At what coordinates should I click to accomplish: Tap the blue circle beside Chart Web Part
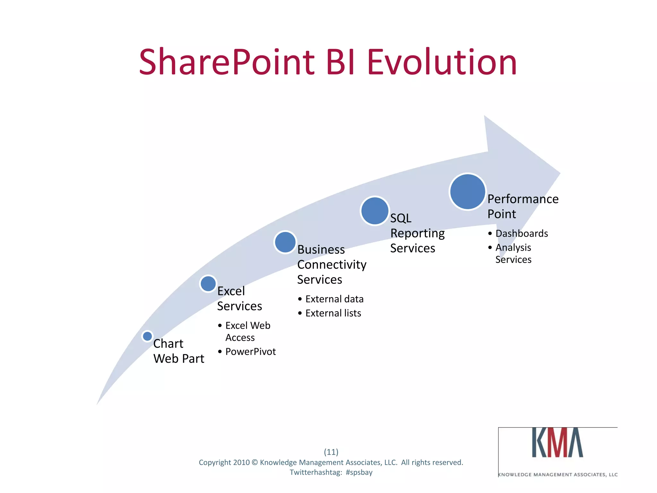click(147, 336)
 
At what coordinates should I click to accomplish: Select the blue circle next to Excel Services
click(208, 284)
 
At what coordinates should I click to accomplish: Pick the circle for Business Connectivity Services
click(285, 242)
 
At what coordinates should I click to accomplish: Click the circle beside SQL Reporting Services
click(374, 211)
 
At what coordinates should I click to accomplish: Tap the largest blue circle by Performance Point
click(467, 192)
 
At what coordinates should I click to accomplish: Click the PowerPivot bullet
click(250, 351)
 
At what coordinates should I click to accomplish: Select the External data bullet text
click(334, 299)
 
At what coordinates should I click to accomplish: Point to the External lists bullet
click(333, 313)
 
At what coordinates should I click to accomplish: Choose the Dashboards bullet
click(522, 233)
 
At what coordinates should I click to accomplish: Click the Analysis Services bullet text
click(513, 253)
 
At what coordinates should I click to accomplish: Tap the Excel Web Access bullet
click(248, 331)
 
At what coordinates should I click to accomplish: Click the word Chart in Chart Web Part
click(168, 344)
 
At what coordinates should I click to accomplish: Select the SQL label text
click(401, 218)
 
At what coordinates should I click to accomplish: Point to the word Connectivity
click(332, 264)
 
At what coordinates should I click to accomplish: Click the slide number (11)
click(331, 452)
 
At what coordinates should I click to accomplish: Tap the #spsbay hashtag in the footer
click(359, 472)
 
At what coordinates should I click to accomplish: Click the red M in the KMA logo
click(558, 443)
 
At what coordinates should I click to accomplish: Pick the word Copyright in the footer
click(215, 463)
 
